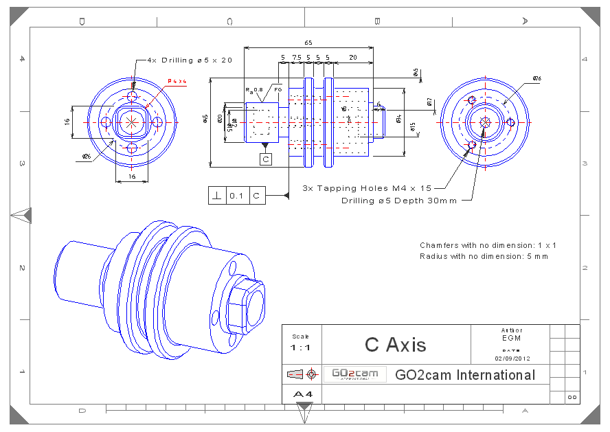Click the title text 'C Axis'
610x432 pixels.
tap(396, 344)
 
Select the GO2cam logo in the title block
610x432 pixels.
tap(355, 374)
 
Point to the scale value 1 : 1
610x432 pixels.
tap(301, 348)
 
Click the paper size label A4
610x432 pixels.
tap(302, 394)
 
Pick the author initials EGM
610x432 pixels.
tap(512, 338)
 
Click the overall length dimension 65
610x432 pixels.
tap(308, 43)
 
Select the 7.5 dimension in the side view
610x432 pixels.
tap(297, 57)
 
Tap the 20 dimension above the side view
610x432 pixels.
tap(352, 57)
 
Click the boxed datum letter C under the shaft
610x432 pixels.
tap(266, 159)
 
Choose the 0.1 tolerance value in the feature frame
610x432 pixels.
tap(236, 196)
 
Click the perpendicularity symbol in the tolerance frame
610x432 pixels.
tap(217, 196)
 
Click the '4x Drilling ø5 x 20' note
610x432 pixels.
tap(190, 60)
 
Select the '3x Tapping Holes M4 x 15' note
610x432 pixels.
tap(367, 187)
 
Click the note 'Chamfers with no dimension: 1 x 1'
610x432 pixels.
tap(488, 245)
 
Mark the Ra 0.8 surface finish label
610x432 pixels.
tap(254, 90)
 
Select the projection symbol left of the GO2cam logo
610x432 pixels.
tap(302, 374)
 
